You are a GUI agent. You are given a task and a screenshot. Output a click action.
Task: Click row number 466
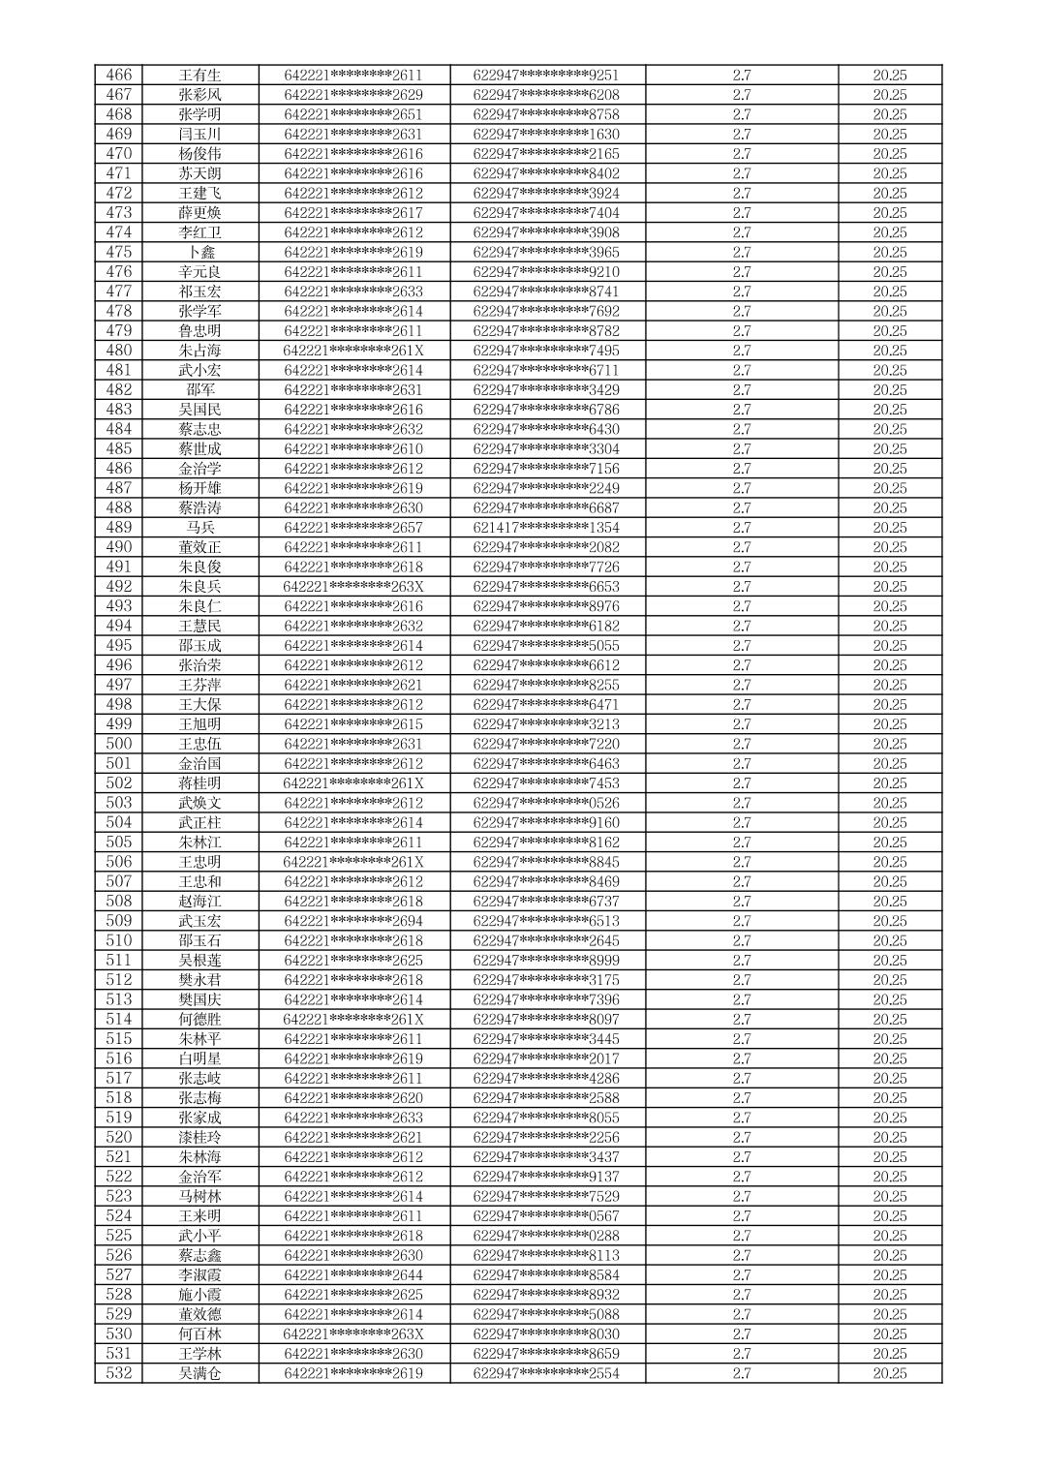click(x=118, y=76)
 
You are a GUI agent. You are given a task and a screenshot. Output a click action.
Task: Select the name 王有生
click(x=199, y=76)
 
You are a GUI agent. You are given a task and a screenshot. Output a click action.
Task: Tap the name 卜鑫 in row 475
click(x=199, y=253)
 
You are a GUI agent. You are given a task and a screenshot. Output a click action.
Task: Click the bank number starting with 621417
click(x=546, y=528)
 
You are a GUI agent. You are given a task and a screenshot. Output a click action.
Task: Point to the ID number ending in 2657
click(x=353, y=528)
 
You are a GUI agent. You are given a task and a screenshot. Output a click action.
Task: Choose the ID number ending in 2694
click(x=353, y=921)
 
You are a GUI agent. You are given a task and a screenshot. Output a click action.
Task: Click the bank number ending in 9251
click(x=546, y=76)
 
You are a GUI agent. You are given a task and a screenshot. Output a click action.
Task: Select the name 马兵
click(x=199, y=528)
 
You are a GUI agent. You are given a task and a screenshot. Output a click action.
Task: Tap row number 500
click(x=118, y=744)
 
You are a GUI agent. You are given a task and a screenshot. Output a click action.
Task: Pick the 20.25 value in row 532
click(x=889, y=1373)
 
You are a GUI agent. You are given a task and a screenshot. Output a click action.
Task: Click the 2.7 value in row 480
click(x=741, y=351)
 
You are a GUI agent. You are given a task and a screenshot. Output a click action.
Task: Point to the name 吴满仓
click(x=199, y=1373)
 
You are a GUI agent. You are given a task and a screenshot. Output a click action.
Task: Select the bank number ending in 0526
click(x=546, y=803)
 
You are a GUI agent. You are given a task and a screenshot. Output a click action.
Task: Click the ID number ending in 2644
click(x=353, y=1275)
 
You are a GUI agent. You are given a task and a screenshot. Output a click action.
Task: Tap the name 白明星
click(x=199, y=1058)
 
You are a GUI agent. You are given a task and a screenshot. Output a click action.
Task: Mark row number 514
click(x=118, y=1020)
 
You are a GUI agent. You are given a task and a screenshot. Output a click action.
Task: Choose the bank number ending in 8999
click(x=546, y=961)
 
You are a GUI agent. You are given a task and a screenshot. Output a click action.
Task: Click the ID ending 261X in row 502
click(x=353, y=783)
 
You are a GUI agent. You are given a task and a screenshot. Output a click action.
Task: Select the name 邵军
click(x=199, y=390)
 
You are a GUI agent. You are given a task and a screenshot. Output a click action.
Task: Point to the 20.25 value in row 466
click(x=889, y=76)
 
